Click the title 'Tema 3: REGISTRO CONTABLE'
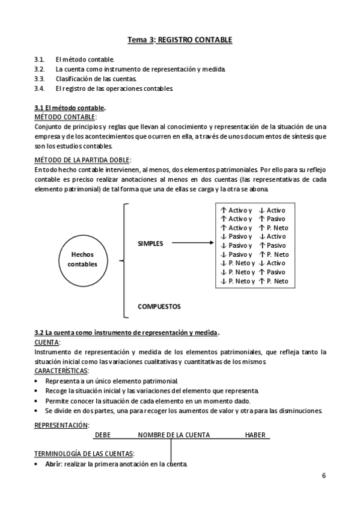(180, 40)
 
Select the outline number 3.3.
(40, 79)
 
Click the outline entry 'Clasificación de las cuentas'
(96, 79)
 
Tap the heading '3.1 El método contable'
(70, 108)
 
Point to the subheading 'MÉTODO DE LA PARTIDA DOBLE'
(82, 160)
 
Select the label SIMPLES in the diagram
(151, 244)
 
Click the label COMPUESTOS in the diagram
(159, 306)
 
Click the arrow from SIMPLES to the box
(192, 244)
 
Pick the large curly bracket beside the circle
(124, 260)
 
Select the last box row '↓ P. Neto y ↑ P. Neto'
(254, 281)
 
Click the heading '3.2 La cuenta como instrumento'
(126, 333)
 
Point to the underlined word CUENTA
(47, 342)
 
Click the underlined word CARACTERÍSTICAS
(61, 371)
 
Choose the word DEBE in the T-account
(103, 435)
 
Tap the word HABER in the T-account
(255, 435)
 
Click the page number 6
(324, 476)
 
